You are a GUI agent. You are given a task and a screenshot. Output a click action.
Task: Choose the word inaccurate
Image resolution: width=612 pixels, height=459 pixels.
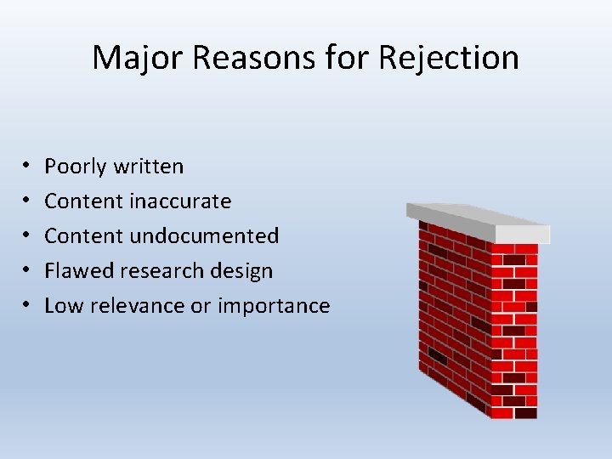180,201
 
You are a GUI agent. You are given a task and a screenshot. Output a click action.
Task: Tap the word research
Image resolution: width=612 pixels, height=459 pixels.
149,270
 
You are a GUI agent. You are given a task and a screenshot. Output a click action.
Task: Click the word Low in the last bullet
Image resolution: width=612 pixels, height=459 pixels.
60,305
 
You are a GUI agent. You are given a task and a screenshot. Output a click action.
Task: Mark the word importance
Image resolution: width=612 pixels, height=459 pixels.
274,306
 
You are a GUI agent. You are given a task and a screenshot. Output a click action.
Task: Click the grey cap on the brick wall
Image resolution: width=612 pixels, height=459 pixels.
477,221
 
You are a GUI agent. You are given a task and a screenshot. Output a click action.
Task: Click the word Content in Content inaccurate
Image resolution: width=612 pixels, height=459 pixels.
83,201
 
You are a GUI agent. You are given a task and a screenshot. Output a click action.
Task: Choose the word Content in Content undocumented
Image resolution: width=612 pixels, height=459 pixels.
83,235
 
